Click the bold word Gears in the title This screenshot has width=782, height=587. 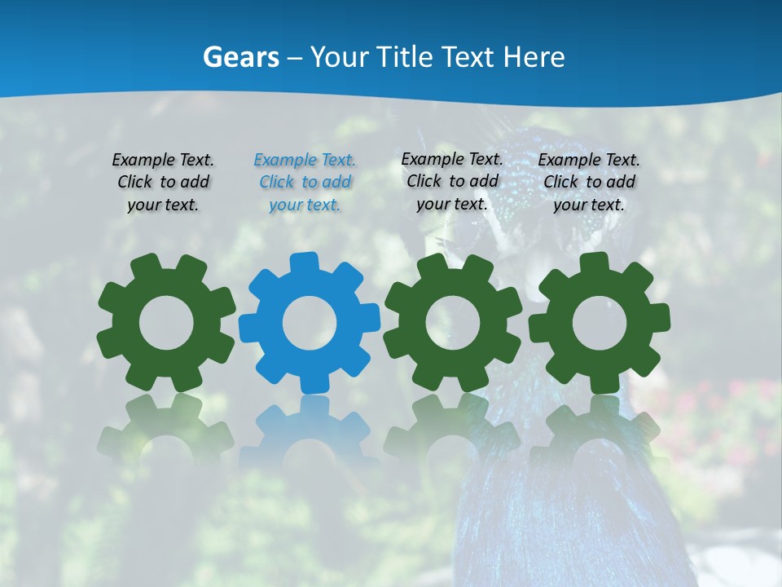click(x=240, y=58)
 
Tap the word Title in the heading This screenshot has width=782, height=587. click(x=405, y=58)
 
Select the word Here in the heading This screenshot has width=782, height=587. click(x=534, y=58)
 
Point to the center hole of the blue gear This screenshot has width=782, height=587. click(x=310, y=324)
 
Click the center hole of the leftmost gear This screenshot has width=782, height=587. click(x=166, y=324)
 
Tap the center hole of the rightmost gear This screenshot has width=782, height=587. click(x=600, y=324)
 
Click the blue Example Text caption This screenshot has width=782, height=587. click(x=305, y=182)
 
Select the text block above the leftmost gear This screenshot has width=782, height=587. click(x=163, y=182)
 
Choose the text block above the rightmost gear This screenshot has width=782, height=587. click(x=589, y=182)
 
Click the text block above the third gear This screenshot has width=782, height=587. click(x=452, y=181)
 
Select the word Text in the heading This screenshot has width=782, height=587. click(x=469, y=58)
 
